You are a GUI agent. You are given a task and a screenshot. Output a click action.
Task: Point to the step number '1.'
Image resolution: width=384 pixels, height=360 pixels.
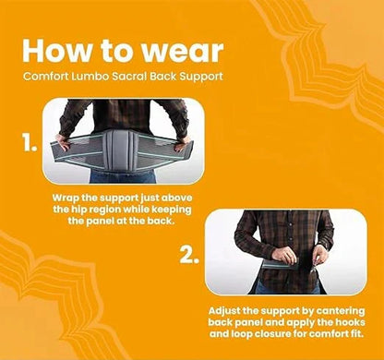[x=30, y=143]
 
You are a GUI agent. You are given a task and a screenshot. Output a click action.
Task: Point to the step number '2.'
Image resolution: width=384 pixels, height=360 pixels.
[x=189, y=255]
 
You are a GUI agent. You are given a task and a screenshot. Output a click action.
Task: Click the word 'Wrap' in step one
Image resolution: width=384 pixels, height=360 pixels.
[x=65, y=198]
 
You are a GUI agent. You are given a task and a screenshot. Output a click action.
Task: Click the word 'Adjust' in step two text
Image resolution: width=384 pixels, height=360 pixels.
[x=224, y=311]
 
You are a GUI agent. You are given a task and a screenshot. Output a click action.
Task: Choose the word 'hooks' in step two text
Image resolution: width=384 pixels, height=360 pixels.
[x=350, y=322]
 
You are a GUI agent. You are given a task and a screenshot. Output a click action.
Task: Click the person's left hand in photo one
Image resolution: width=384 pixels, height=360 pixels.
[x=65, y=142]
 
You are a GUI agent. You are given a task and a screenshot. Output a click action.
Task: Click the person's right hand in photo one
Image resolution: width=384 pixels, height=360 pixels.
[x=182, y=144]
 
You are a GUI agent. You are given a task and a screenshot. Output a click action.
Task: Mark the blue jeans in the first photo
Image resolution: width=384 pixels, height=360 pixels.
[x=123, y=176]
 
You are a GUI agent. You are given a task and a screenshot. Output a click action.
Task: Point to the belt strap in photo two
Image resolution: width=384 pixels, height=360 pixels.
[x=280, y=264]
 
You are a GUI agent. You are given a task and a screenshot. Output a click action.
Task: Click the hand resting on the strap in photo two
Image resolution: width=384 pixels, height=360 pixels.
[x=284, y=256]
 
